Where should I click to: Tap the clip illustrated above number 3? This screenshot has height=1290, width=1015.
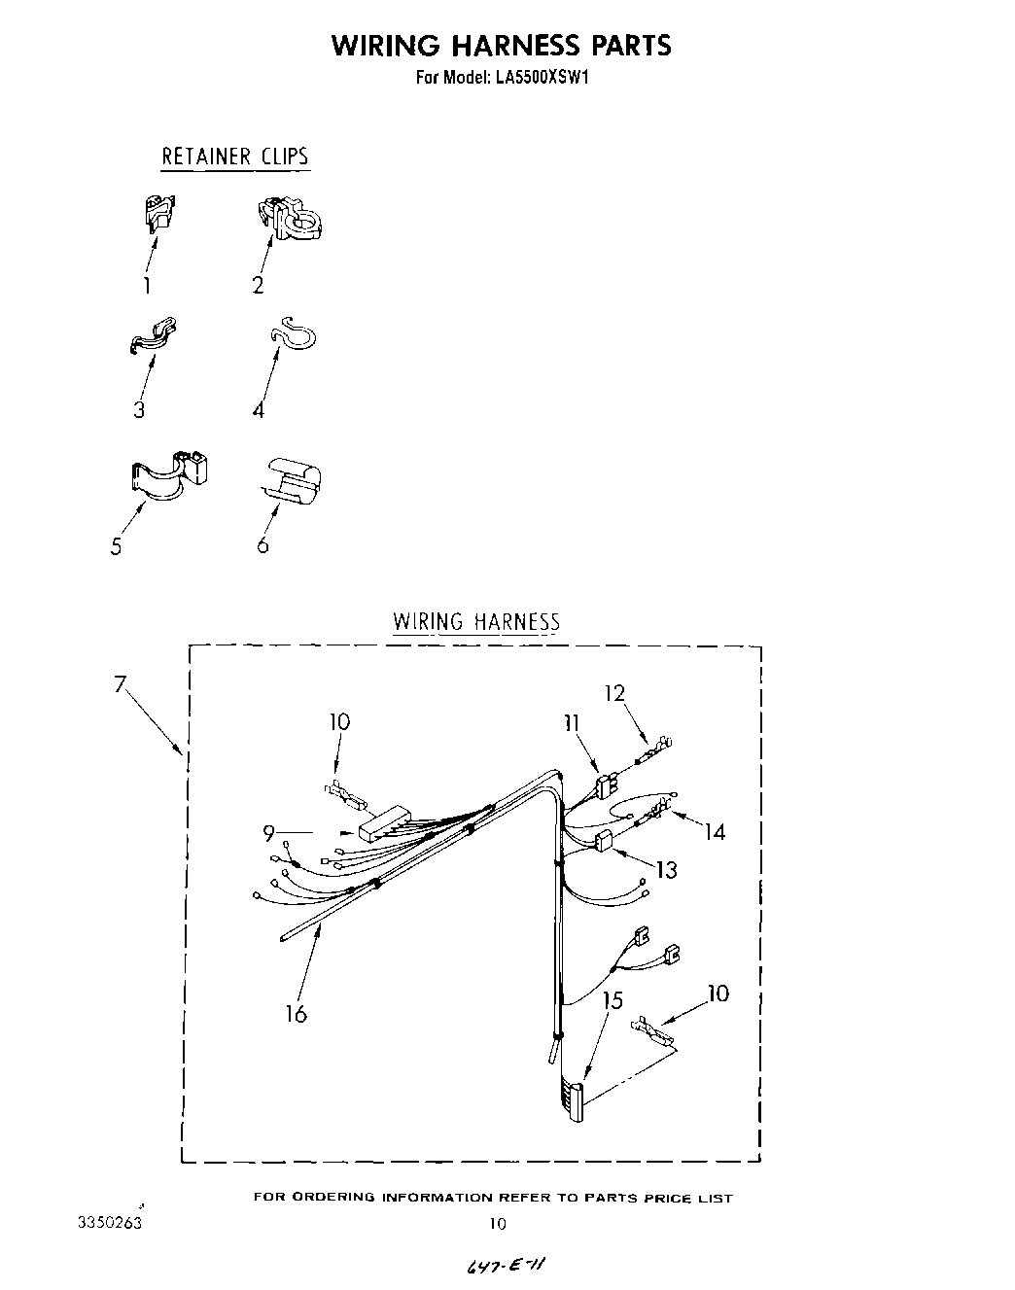point(154,333)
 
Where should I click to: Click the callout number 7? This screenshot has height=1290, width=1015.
point(120,684)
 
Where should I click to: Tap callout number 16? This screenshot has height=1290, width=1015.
point(296,1014)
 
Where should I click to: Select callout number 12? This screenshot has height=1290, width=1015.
point(613,693)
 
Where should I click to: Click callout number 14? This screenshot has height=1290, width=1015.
point(715,832)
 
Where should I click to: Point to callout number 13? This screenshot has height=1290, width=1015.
point(666,869)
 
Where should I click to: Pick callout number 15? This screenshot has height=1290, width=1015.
point(612,1000)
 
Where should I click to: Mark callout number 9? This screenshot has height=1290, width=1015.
point(268,832)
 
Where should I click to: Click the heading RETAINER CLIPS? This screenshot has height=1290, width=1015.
point(234,157)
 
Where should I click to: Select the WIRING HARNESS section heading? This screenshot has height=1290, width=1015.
point(475,622)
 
